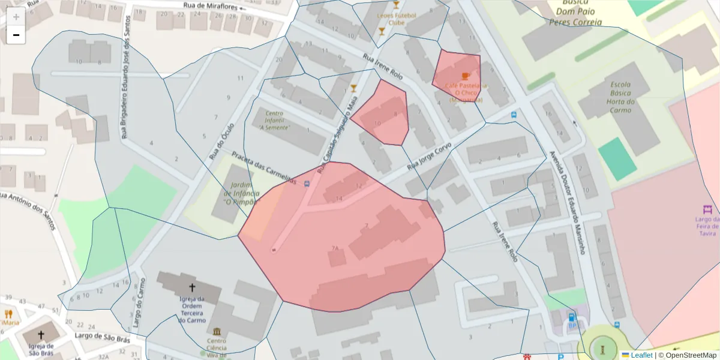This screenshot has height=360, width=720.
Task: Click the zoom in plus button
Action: pos(16,17)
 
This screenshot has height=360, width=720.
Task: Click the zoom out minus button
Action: pos(16,35)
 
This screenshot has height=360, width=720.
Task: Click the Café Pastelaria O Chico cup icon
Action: pos(466,76)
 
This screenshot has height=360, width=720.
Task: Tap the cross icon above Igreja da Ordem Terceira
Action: pos(192,288)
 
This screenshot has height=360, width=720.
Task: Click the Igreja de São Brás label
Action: pos(41,349)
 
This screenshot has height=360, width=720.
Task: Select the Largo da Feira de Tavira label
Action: pos(707,227)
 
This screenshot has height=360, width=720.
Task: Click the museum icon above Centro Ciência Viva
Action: pos(216,332)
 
